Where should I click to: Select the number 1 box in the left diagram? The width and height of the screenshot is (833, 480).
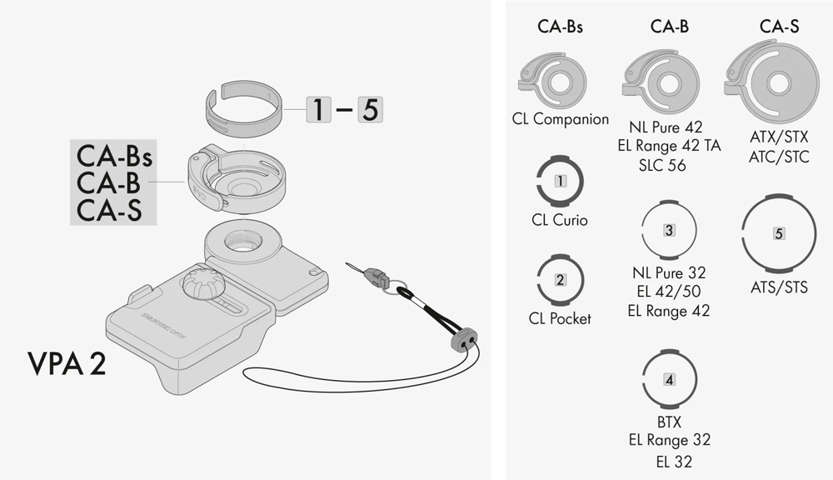point(318,109)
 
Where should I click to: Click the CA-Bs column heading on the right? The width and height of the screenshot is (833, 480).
point(560,27)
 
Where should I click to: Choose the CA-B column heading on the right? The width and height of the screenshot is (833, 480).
point(669,27)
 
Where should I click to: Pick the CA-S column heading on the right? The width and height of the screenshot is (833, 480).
point(779,27)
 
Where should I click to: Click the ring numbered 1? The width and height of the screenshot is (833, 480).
point(560,180)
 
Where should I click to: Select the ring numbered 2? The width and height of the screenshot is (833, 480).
point(560,280)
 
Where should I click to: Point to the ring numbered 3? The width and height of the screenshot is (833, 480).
point(669,229)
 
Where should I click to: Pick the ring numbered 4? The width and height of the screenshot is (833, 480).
point(669,379)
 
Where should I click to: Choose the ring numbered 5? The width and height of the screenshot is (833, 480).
point(779,233)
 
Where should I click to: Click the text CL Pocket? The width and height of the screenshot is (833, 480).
point(560,318)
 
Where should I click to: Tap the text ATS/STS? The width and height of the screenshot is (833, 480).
point(779,287)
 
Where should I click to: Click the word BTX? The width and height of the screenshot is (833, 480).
point(669,422)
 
